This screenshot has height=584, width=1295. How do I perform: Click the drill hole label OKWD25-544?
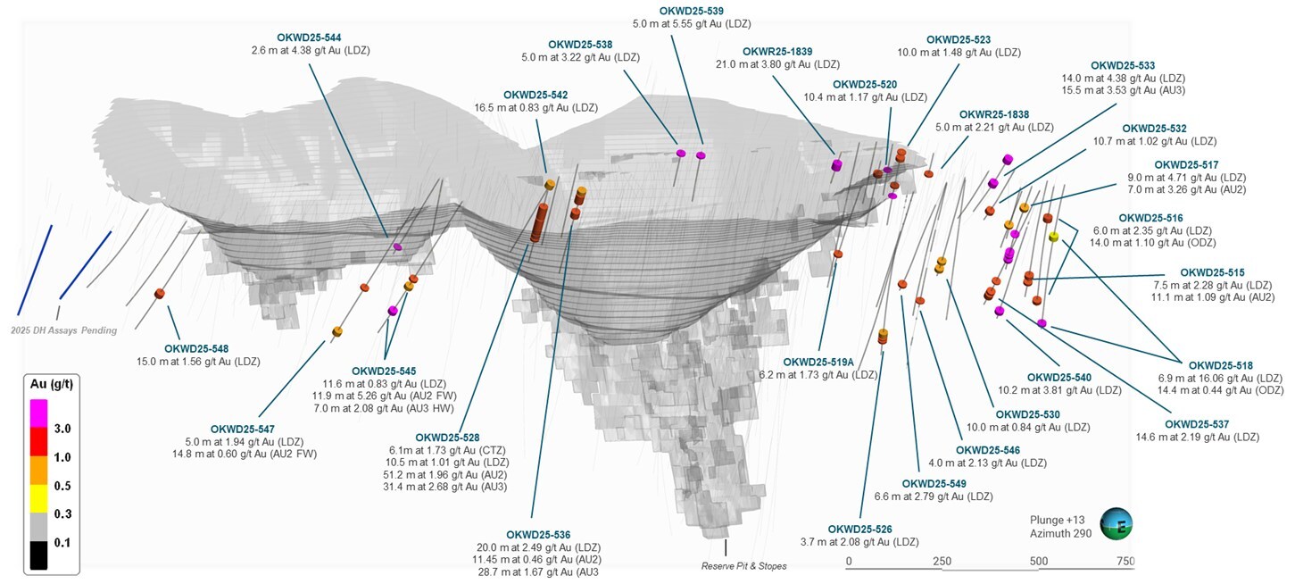309,38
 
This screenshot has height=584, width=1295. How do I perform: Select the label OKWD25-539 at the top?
691,11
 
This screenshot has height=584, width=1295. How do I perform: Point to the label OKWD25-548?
196,348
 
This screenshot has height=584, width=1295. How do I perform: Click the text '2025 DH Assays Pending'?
63,330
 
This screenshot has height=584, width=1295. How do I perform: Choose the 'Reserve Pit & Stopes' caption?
743,566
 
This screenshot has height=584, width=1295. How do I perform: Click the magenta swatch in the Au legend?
38,411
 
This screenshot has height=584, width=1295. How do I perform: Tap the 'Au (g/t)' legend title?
52,383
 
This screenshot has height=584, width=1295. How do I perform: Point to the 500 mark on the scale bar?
1038,561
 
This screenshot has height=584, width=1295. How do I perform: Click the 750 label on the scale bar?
1124,561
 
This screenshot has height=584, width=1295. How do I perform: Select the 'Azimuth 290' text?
1060,534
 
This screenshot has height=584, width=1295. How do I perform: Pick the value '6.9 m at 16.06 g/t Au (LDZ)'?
1220,379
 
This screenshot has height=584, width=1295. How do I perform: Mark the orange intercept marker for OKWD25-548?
160,294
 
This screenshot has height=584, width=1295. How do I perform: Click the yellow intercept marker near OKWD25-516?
1053,237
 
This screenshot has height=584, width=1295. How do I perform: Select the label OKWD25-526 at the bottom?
859,529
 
